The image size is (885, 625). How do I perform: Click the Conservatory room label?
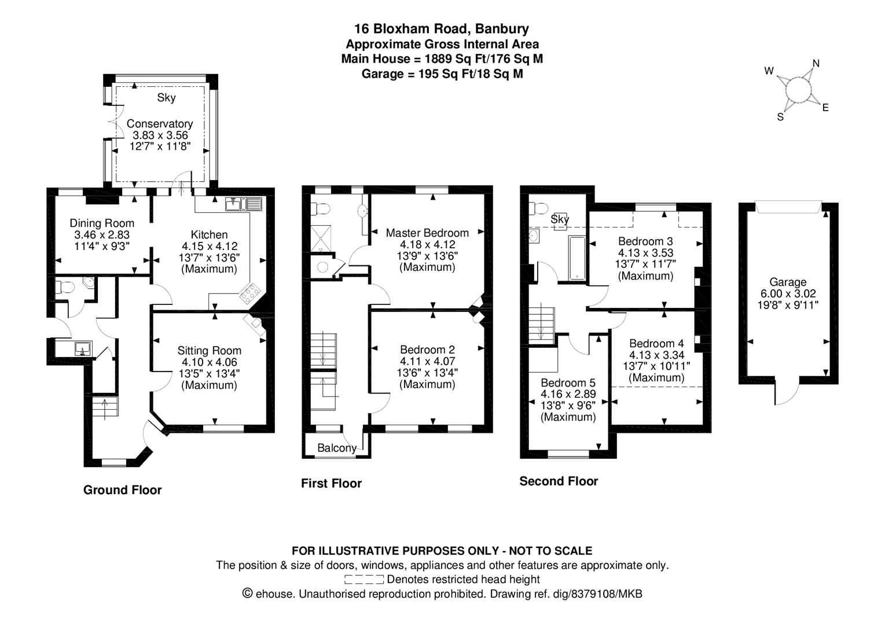click(160, 123)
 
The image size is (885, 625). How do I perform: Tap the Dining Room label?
click(102, 223)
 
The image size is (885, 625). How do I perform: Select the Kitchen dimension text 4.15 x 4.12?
click(210, 246)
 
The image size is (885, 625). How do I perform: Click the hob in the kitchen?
click(250, 293)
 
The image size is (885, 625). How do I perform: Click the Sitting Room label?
click(209, 350)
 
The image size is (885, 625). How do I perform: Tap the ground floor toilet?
click(65, 287)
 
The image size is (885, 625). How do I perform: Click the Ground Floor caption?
click(122, 490)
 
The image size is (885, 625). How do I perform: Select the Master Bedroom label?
click(427, 233)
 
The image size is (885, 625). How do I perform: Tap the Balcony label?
click(337, 448)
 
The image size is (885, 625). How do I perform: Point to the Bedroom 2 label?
click(427, 350)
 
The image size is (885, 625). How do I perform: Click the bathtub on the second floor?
click(577, 258)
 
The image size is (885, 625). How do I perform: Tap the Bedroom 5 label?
click(568, 383)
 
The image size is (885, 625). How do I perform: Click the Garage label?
click(788, 282)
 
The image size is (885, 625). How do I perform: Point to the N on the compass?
click(816, 64)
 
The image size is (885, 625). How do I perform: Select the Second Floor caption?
click(559, 481)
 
